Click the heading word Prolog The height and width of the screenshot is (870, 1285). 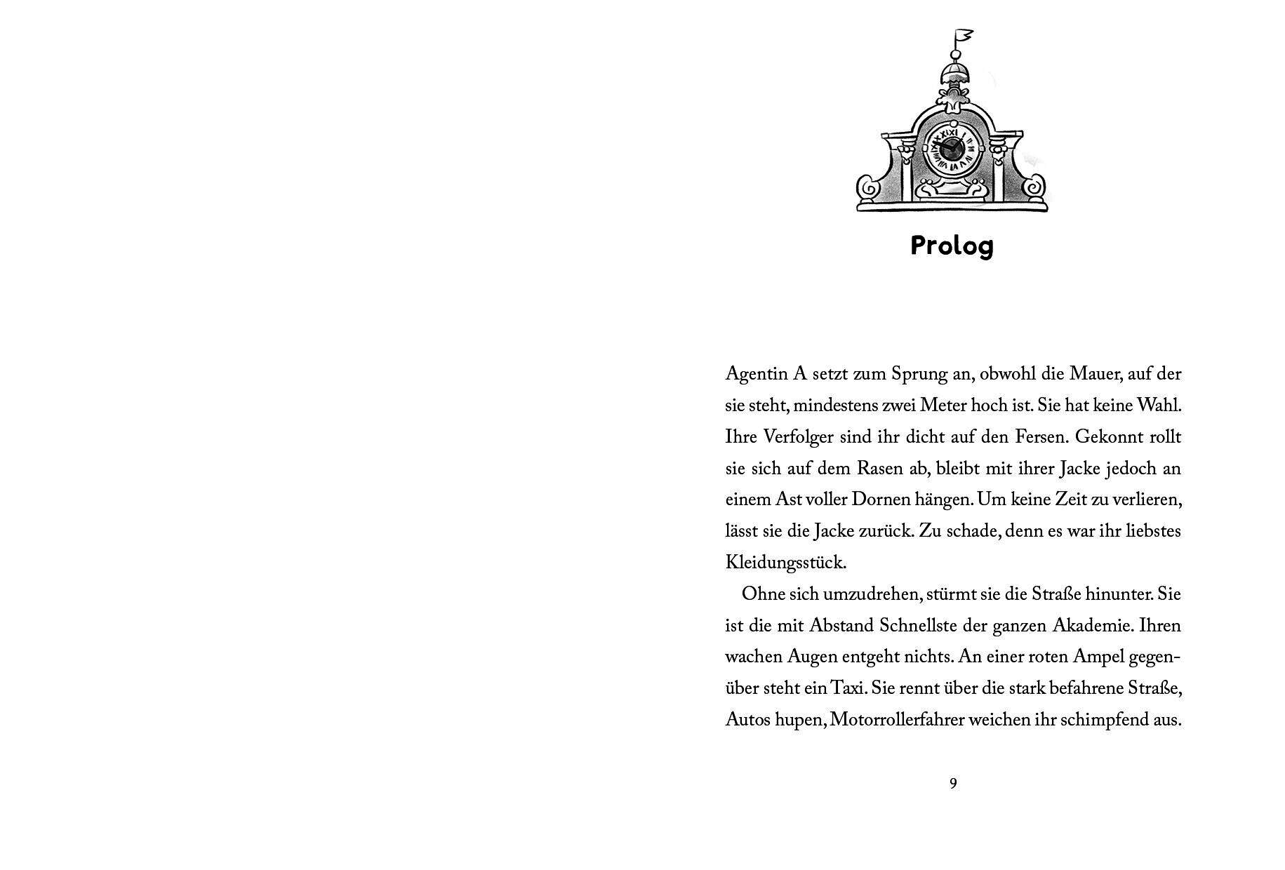click(x=952, y=246)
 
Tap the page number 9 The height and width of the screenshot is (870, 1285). click(x=952, y=784)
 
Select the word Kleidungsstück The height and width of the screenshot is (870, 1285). click(x=786, y=563)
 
